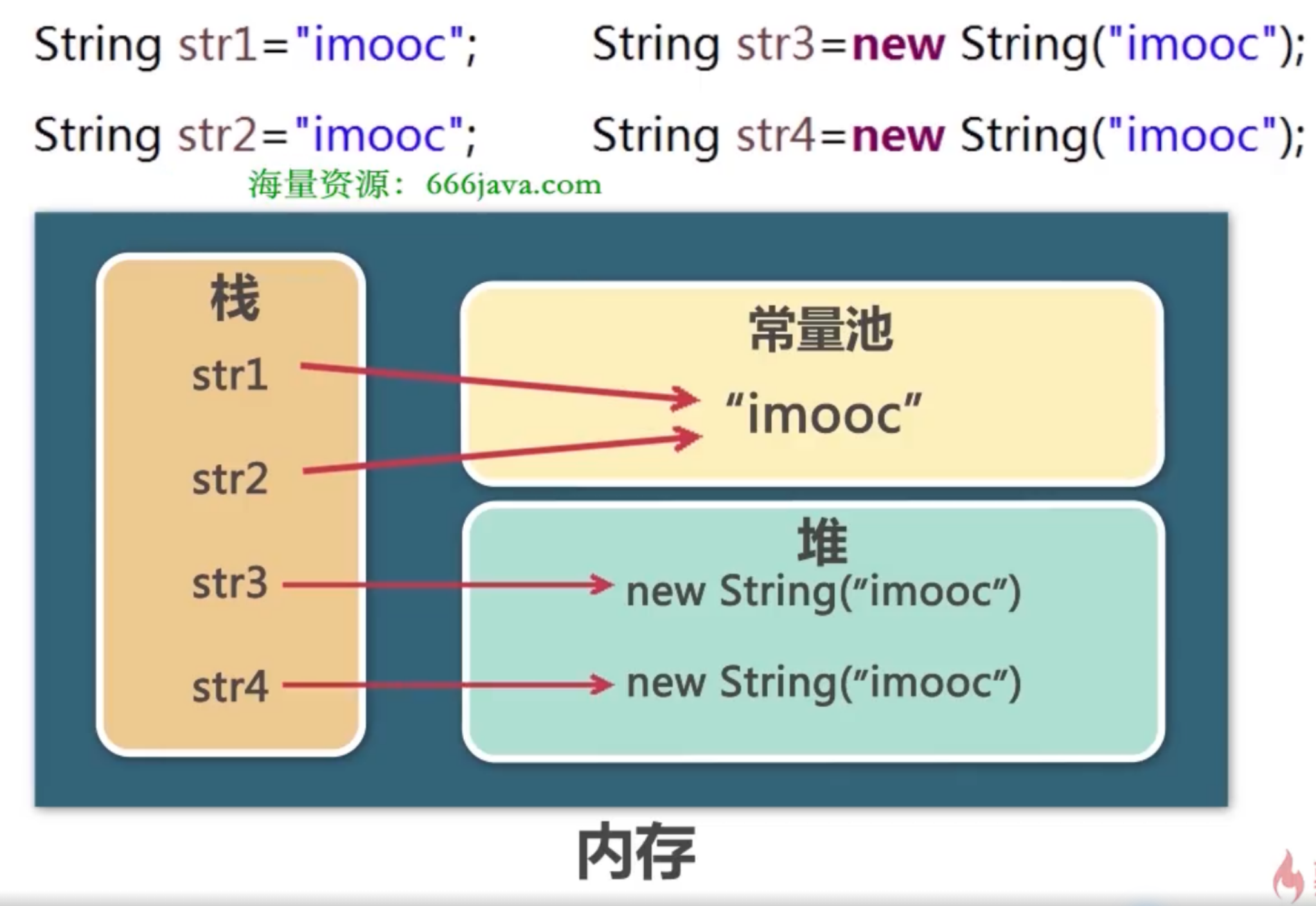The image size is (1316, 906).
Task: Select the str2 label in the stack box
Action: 229,480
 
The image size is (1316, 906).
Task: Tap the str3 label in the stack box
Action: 229,584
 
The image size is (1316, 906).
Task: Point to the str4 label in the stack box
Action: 229,687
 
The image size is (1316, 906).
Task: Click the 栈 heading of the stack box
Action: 234,297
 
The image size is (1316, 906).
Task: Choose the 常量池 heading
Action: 821,330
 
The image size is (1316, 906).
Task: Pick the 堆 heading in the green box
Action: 822,541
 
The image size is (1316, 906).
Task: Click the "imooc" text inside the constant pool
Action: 823,414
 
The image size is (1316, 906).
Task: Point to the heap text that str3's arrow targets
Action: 823,591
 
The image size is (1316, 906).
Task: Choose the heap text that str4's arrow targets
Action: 823,683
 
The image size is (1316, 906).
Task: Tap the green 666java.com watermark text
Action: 513,185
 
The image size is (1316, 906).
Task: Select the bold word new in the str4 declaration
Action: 898,135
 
